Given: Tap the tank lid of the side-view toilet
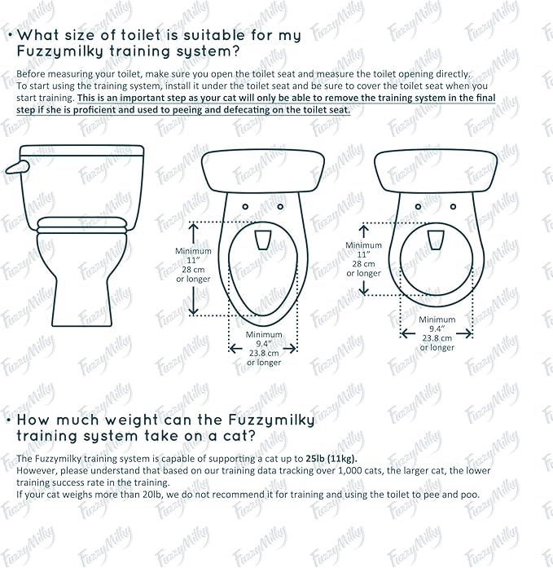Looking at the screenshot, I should coord(81,152).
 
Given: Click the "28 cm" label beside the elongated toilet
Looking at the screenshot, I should coord(193,270).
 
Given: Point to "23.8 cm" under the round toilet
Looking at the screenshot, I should coord(437,338).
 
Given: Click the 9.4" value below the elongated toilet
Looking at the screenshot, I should coord(265,345).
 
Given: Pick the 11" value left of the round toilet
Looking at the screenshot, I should coord(363,255).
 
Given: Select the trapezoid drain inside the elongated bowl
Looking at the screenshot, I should coord(262,240).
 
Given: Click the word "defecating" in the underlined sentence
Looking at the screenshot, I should coord(229,109).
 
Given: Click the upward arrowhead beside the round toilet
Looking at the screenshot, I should coord(363,229).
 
